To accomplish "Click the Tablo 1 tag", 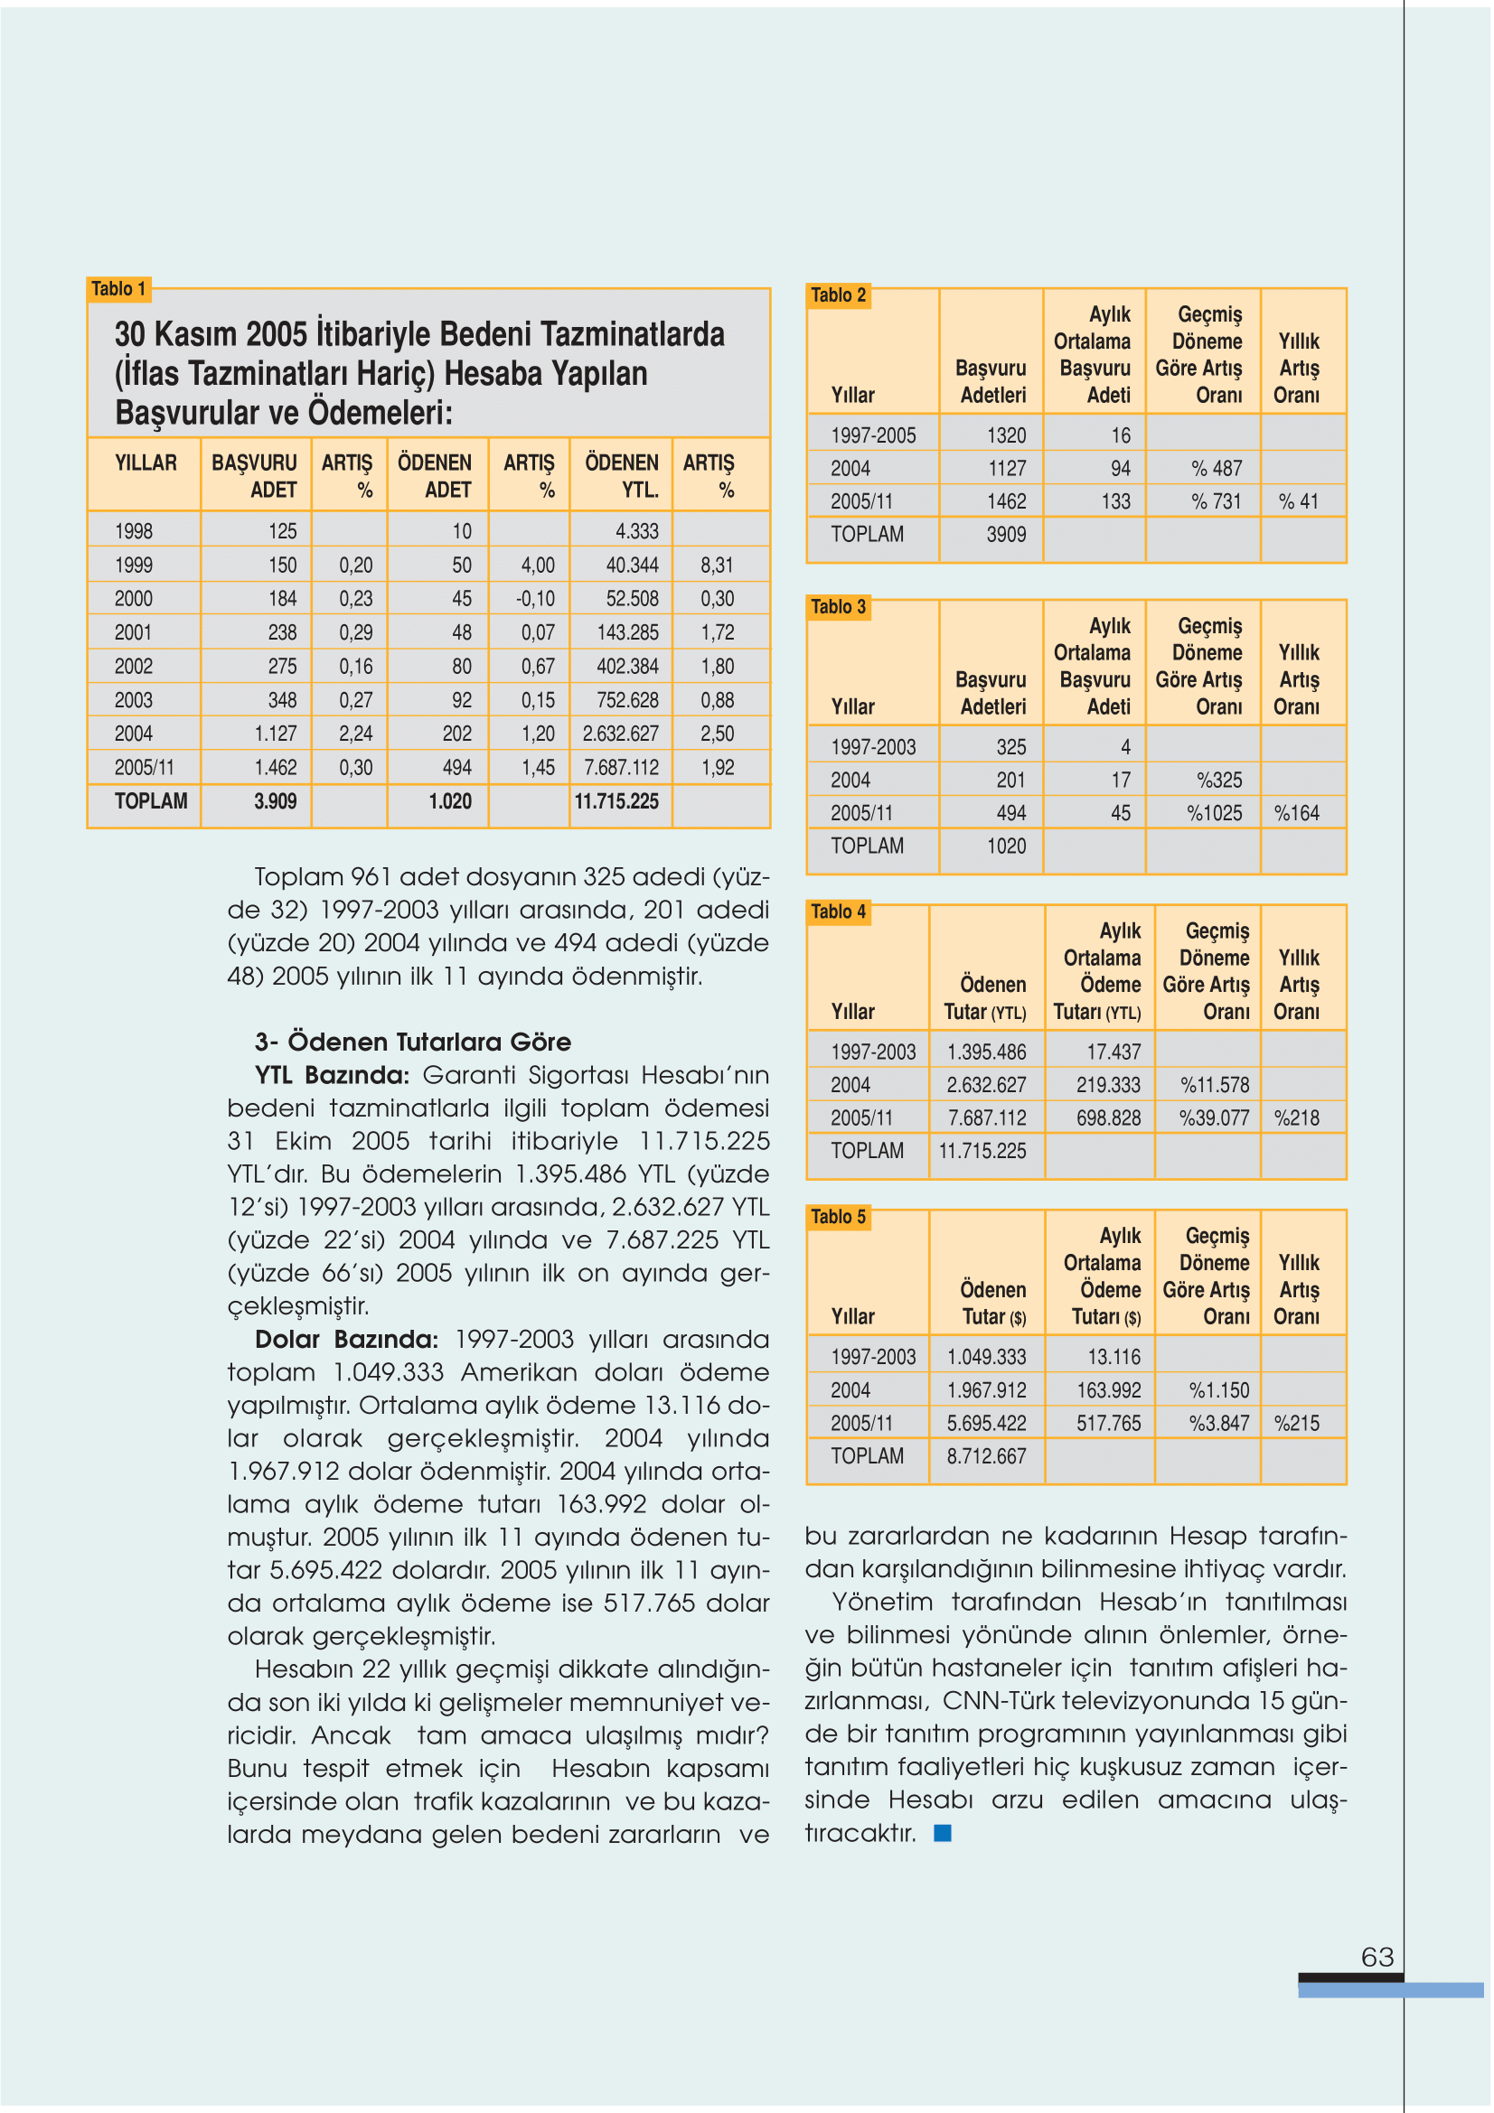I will click(x=118, y=289).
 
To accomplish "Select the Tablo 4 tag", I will click(x=838, y=912).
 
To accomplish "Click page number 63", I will click(x=1377, y=1957).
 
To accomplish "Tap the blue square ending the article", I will click(x=943, y=1833).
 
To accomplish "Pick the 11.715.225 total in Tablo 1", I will click(x=615, y=801).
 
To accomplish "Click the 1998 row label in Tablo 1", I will click(x=134, y=531).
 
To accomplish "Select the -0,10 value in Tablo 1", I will click(x=536, y=599).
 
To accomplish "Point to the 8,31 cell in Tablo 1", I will click(x=716, y=565).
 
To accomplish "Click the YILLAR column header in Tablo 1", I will click(x=146, y=463).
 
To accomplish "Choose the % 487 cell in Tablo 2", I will click(x=1216, y=469).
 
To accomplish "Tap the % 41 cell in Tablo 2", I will click(x=1298, y=501).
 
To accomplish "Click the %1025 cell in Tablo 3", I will click(x=1214, y=814).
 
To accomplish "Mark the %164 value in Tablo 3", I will click(x=1296, y=814).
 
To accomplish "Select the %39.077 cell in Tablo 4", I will click(x=1214, y=1118).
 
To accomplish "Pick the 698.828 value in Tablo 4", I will click(x=1108, y=1118).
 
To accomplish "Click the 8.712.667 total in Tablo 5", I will click(x=986, y=1456).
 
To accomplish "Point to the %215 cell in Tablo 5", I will click(x=1296, y=1424).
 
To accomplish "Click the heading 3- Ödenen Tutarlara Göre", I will click(x=412, y=1042).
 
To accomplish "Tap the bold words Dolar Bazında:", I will click(x=346, y=1339).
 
